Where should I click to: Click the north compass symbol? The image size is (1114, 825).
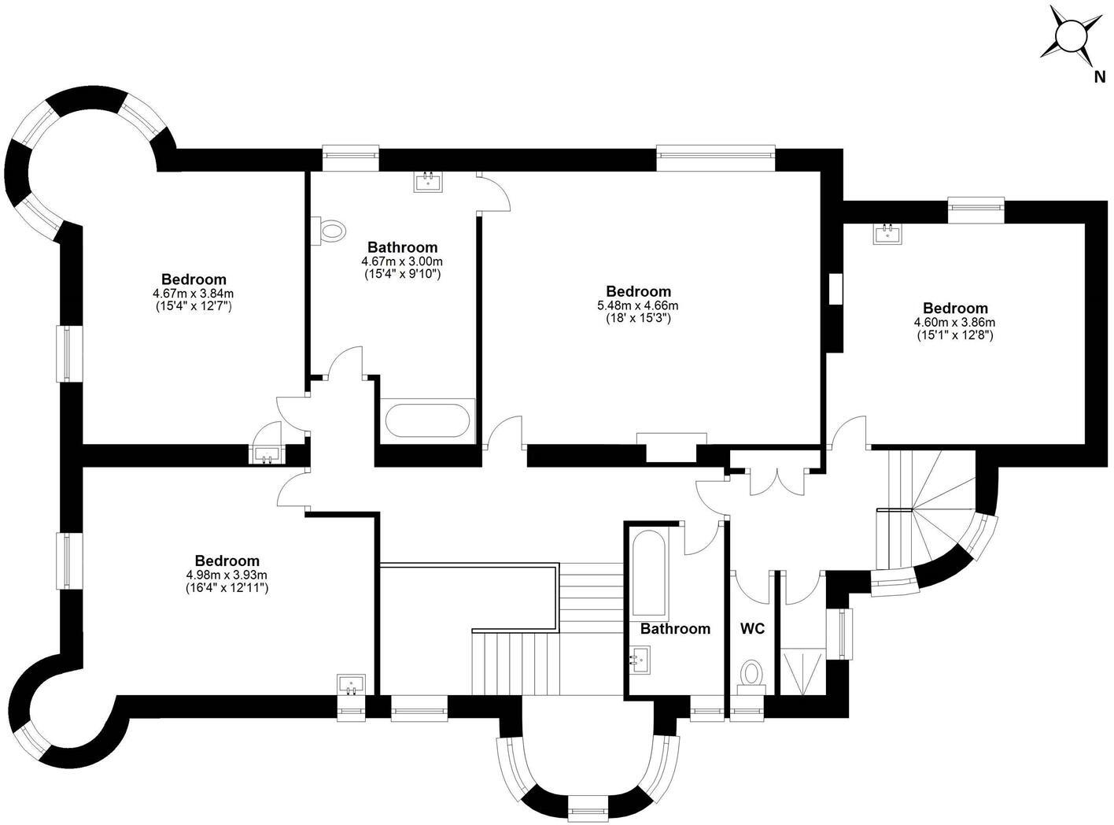(1070, 36)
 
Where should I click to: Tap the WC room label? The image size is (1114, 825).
(752, 629)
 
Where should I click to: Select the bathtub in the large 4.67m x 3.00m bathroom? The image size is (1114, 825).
(428, 420)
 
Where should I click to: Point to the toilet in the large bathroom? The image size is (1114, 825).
(331, 231)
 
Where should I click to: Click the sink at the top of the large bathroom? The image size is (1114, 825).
(429, 182)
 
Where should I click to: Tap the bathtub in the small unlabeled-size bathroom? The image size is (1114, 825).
(648, 573)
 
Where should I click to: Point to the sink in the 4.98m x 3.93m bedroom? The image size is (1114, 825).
(351, 685)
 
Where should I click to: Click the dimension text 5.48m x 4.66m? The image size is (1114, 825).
(638, 305)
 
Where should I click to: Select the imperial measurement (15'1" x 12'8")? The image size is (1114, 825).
(955, 335)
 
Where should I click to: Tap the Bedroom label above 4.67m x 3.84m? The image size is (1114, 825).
(194, 279)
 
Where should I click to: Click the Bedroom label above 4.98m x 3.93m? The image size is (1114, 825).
(227, 561)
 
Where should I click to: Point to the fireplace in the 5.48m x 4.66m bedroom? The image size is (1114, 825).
(671, 446)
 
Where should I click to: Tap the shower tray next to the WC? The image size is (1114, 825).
(802, 671)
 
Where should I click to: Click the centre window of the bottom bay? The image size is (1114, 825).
(588, 807)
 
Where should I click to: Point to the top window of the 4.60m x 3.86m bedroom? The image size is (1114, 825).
(976, 205)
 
